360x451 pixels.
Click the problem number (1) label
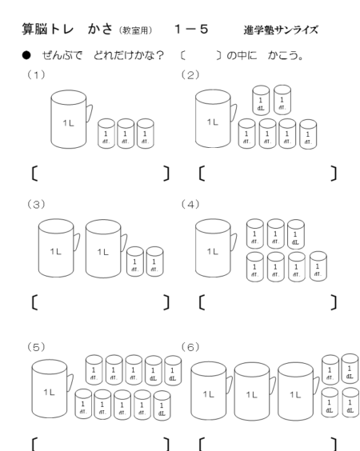36,75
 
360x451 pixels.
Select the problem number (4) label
190,205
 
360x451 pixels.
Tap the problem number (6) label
190,348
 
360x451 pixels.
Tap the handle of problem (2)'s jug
234,113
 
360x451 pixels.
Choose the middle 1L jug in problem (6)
254,391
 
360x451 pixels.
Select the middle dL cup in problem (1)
126,134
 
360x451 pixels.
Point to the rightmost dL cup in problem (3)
155,261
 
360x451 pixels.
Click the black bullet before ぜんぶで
26,55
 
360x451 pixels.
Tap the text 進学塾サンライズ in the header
281,30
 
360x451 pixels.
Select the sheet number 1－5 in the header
191,29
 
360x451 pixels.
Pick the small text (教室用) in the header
135,30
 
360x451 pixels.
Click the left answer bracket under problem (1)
34,174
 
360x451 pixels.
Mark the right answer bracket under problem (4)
334,302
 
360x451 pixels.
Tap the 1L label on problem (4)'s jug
213,252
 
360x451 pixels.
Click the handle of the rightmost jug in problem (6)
316,385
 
